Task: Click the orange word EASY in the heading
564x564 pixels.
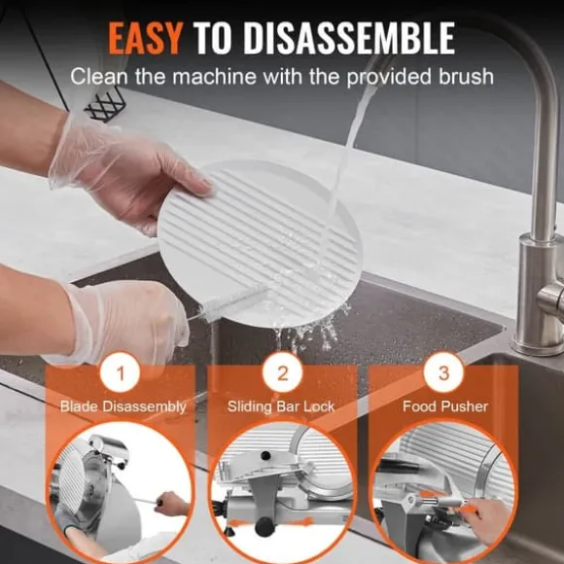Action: point(144,38)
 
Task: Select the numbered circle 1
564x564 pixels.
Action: point(121,372)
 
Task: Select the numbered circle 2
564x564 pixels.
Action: point(282,372)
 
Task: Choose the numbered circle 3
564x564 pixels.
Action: point(443,372)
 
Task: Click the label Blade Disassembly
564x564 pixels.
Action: point(123,406)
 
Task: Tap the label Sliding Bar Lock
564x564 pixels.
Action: point(281,406)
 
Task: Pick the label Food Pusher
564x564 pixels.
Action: point(445,406)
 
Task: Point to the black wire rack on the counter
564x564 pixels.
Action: point(102,105)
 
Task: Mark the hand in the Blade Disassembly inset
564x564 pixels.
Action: point(174,504)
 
